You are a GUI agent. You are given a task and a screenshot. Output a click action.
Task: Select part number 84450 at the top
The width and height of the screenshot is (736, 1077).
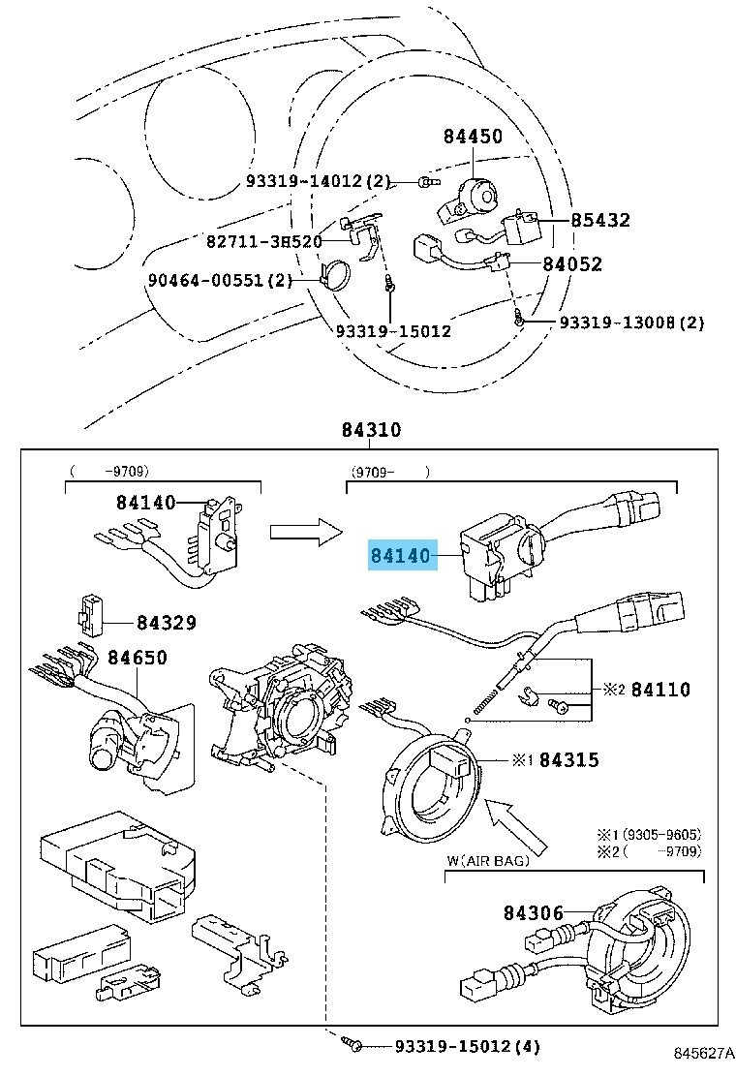point(474,137)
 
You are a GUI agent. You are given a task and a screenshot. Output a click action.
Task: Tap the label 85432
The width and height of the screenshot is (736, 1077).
point(600,221)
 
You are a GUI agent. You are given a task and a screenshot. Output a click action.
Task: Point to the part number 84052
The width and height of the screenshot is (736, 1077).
point(572,263)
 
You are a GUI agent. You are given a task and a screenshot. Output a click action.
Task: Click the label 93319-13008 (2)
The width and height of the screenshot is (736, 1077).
point(631,323)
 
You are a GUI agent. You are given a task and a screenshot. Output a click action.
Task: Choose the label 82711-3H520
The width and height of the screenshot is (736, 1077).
point(263,240)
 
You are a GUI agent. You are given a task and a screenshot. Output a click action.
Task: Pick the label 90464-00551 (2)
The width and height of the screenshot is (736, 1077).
point(220,281)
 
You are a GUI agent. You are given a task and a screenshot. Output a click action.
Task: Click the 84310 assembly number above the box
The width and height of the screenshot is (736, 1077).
point(371,431)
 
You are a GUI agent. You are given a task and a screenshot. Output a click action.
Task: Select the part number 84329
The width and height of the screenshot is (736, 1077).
point(166,623)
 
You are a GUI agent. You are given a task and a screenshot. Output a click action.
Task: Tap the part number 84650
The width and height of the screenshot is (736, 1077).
point(138,659)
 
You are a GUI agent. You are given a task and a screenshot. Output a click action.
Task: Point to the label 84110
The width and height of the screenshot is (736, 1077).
point(660,690)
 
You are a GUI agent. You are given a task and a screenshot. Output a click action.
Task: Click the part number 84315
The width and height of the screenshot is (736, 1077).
point(569,760)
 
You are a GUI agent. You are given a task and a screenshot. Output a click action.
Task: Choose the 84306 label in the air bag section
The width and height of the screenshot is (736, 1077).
point(533,911)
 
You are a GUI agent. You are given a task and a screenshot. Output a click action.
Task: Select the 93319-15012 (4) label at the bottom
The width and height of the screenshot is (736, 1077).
point(467,1046)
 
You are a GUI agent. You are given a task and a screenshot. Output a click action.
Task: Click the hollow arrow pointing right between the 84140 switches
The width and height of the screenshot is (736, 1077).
point(306,529)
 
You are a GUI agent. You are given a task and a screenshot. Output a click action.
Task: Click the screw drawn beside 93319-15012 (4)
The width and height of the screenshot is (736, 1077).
point(351,1045)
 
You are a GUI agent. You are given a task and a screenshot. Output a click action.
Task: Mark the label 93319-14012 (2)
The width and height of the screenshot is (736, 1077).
point(317,181)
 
